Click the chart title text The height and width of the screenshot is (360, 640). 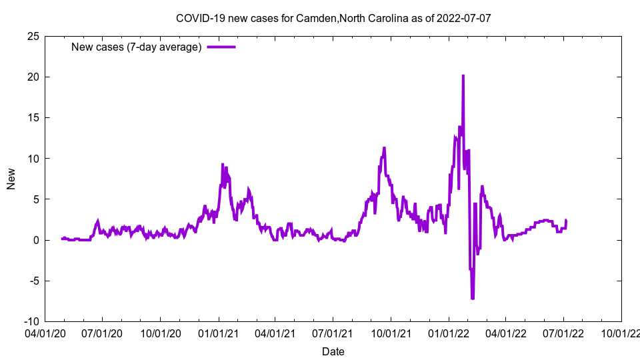tap(333, 18)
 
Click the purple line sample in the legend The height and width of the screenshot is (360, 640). tap(221, 47)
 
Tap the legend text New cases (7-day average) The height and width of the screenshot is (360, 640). tap(136, 47)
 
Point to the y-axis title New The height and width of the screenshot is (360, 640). tap(11, 179)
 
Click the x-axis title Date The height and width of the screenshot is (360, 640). tap(333, 351)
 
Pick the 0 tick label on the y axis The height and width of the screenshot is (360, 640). tap(36, 240)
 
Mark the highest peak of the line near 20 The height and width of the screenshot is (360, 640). tap(463, 76)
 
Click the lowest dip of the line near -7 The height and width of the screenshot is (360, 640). tap(472, 298)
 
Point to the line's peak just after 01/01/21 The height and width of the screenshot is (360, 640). tap(222, 165)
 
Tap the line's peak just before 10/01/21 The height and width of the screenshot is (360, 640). tap(384, 148)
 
